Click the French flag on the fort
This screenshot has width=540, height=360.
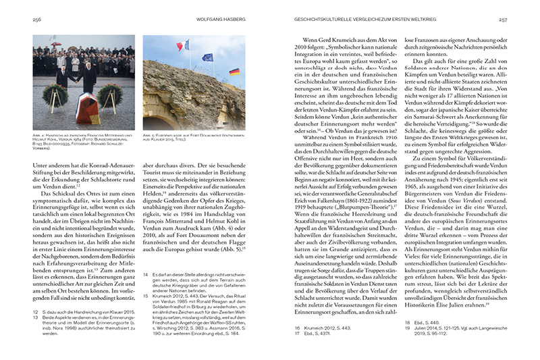182,46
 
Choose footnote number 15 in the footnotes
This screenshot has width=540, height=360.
146,295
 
